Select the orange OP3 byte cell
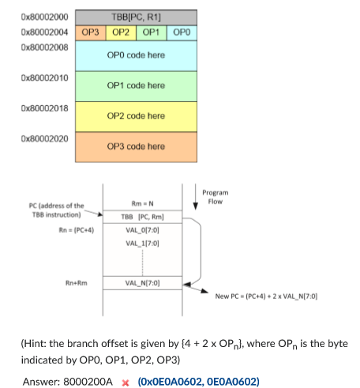coord(91,32)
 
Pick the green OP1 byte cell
coord(151,32)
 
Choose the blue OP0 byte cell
coord(181,32)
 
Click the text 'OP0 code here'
coord(136,55)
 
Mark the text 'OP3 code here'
coord(136,146)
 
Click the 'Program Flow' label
coord(214,196)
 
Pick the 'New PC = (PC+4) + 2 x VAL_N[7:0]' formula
coord(266,296)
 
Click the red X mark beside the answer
coord(125,382)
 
